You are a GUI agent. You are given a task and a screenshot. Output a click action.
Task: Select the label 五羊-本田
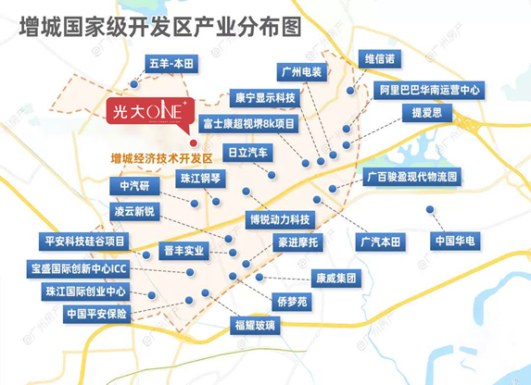(x=172, y=64)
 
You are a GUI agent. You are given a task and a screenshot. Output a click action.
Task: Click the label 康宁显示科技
(x=264, y=96)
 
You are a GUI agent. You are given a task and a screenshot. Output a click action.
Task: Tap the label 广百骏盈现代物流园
(x=413, y=175)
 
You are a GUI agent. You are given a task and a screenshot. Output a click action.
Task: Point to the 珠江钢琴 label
(x=201, y=178)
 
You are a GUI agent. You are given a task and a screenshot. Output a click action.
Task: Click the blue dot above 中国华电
(x=430, y=209)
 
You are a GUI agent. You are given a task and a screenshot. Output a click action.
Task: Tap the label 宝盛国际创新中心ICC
(x=79, y=267)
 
